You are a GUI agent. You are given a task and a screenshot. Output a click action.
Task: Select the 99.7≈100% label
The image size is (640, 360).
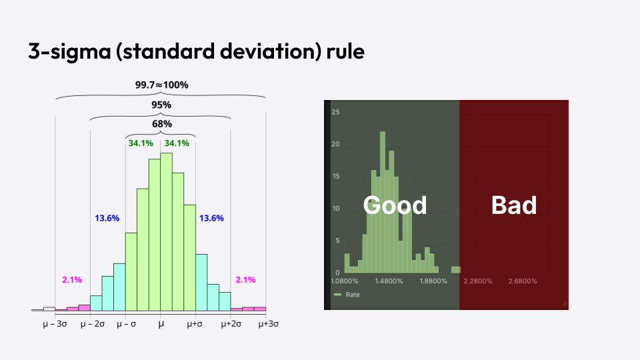coord(161,85)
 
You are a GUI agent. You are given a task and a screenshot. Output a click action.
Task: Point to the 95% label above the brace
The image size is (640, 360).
coord(161,105)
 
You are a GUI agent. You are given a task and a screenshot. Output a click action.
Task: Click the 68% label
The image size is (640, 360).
coord(161,124)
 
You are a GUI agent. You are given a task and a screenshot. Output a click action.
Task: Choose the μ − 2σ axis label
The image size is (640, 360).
coord(91,323)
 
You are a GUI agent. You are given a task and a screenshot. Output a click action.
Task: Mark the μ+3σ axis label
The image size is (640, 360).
coord(268,323)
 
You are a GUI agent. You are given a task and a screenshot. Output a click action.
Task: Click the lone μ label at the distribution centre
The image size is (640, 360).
coord(161,323)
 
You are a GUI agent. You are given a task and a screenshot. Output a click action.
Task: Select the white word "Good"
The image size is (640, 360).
coord(395,205)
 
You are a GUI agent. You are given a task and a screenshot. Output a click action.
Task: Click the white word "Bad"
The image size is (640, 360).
coord(513,205)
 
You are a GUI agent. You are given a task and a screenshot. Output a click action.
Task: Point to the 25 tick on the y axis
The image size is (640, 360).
coord(336,112)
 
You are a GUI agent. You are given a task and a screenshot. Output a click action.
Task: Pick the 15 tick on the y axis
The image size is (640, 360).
coord(336,177)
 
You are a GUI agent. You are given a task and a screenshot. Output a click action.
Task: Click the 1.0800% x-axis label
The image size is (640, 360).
coord(345,281)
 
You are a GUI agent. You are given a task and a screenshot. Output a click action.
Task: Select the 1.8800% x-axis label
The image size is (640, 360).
coord(433,281)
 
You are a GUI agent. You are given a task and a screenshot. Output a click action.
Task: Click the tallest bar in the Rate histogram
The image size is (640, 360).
coord(383,200)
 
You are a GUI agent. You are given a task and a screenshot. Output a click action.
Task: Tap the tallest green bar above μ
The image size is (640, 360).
coord(167,232)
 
